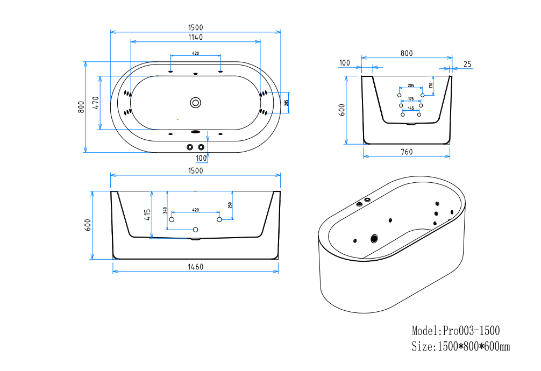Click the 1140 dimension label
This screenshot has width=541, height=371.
point(195,37)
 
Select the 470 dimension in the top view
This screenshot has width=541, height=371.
point(96,103)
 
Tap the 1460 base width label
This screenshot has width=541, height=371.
point(195,267)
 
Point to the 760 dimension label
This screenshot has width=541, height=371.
point(407,152)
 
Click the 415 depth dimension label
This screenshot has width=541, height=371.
point(147,215)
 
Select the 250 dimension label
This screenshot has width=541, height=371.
point(230,205)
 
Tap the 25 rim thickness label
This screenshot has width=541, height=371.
point(467,64)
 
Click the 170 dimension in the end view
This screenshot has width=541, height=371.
point(431,85)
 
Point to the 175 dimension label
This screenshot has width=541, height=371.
point(411,99)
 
